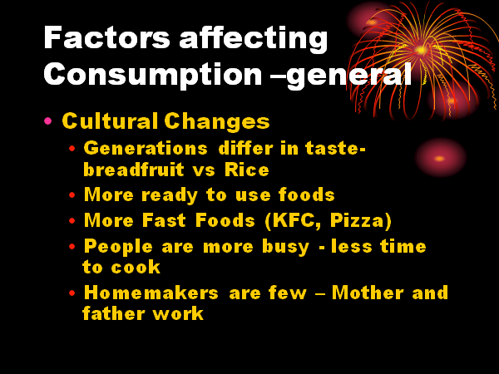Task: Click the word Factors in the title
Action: pos(106,37)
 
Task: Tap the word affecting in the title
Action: pos(254,39)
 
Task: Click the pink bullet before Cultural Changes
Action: pos(48,121)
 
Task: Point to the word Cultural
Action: pos(110,121)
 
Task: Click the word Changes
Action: pos(217,122)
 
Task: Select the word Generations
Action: pos(146,148)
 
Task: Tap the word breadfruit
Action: pos(134,170)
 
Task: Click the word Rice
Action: pos(247,170)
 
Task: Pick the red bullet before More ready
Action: pos(72,194)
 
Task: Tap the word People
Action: pos(118,247)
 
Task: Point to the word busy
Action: pos(285,248)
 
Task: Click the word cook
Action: pos(136,267)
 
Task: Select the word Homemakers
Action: pos(151,293)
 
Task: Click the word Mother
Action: pos(368,293)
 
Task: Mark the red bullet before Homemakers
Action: pos(72,293)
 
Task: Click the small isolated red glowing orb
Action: pos(440,158)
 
